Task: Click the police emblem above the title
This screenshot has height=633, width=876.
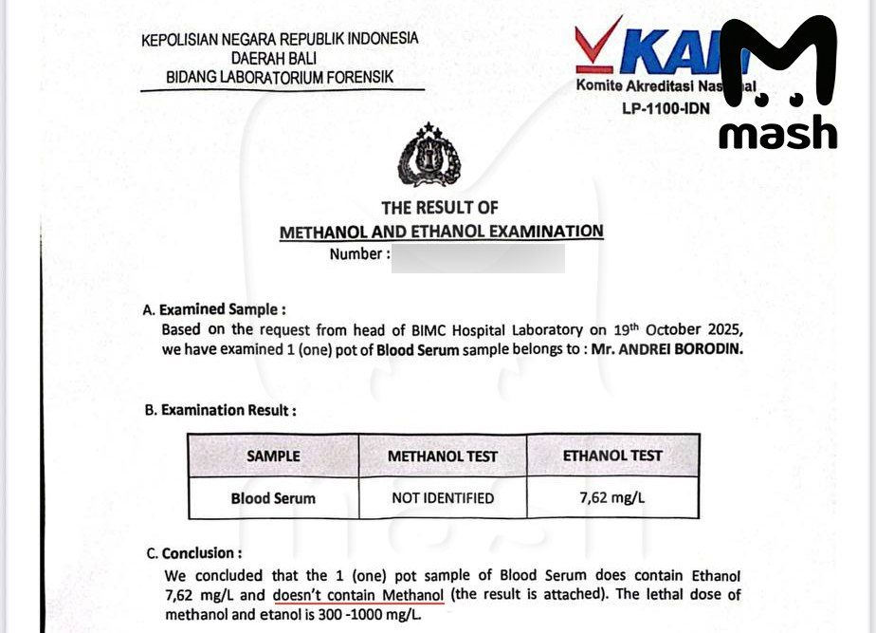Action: coord(429,156)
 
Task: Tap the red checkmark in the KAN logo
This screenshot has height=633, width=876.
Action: coord(601,47)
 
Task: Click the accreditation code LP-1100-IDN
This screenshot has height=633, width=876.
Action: coord(666,108)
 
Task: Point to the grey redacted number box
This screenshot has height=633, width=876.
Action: coord(479,256)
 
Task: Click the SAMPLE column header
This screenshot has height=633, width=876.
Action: coord(273,456)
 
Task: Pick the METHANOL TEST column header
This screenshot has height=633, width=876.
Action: coord(442,456)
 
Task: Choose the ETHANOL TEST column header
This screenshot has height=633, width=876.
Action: coord(612,456)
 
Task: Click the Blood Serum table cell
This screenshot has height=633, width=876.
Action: coord(273,497)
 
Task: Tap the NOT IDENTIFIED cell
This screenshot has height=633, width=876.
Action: coord(442,497)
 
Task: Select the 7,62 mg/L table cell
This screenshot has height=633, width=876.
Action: coord(612,496)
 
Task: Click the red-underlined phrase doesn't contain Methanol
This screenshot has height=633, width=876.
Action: coord(358,595)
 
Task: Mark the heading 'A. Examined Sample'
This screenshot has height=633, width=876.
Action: coord(213,309)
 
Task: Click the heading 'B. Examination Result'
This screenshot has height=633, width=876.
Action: coord(220,410)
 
